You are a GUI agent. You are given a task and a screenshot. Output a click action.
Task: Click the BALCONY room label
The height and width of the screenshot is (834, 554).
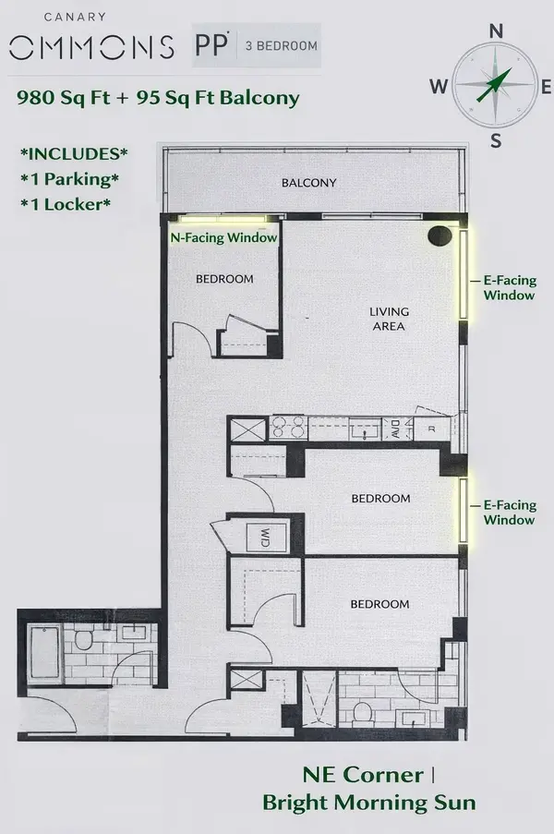[x=308, y=183]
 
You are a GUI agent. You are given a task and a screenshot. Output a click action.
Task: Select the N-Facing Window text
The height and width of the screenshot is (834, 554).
[x=223, y=237]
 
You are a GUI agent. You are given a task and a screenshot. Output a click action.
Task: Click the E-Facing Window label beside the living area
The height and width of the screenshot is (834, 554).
[x=509, y=286]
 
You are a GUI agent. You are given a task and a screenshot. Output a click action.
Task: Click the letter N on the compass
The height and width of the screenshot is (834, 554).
[x=496, y=30]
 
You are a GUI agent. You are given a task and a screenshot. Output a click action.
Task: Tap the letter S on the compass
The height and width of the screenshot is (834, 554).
[x=496, y=140]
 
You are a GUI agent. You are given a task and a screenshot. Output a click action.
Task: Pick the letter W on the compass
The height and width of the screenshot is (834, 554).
[x=439, y=87]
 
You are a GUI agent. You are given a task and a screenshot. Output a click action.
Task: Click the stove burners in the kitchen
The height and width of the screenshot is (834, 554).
[x=290, y=429]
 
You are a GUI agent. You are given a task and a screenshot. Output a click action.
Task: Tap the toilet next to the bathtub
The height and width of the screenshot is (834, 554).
[x=81, y=638]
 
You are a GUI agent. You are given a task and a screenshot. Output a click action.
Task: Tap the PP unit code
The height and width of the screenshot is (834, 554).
[x=213, y=44]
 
